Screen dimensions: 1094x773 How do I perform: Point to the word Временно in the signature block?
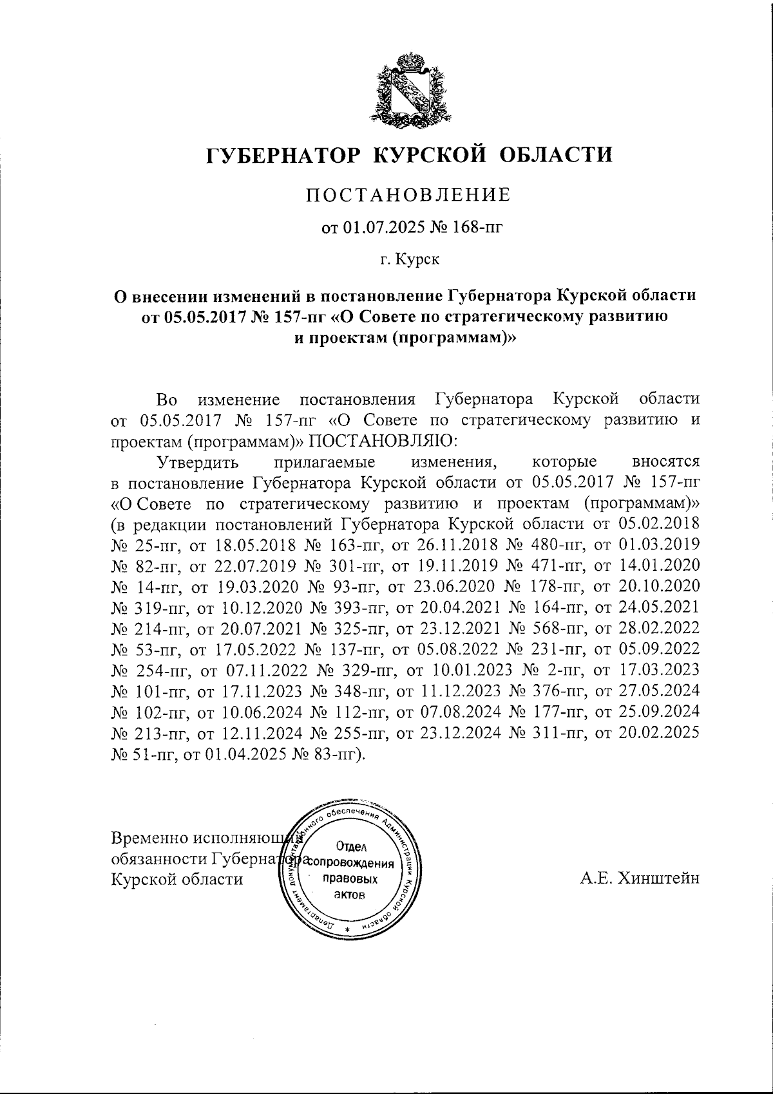[142, 839]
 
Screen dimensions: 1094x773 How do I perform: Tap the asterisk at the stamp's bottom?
[347, 931]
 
